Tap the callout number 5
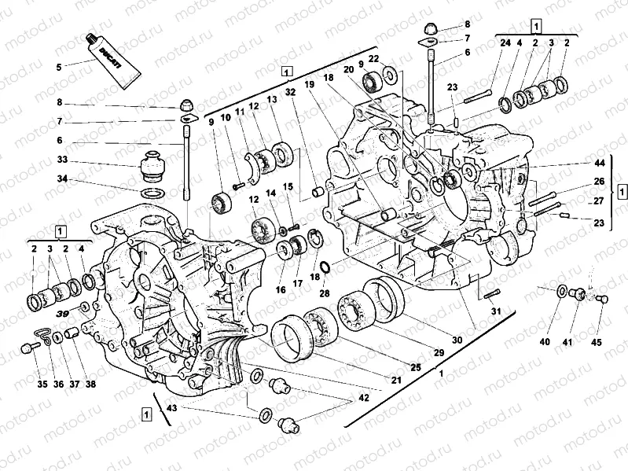pyautogui.click(x=57, y=67)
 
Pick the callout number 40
pyautogui.click(x=545, y=341)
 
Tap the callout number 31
pyautogui.click(x=494, y=312)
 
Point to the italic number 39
pyautogui.click(x=62, y=314)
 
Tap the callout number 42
pyautogui.click(x=362, y=399)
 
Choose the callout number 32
pyautogui.click(x=292, y=92)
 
